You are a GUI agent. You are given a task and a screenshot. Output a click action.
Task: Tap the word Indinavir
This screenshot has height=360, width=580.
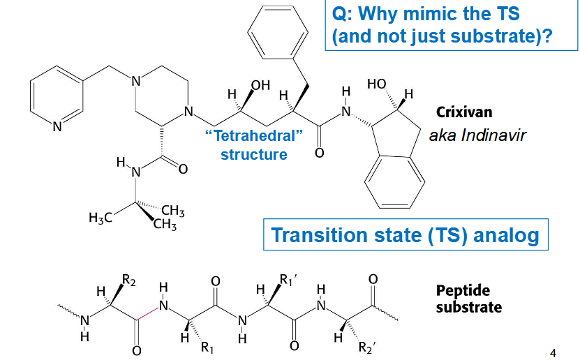point(492,135)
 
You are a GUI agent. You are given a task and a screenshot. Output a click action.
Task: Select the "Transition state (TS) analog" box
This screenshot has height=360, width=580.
point(405,234)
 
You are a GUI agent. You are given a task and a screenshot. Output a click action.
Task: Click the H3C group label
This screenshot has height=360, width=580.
point(102,218)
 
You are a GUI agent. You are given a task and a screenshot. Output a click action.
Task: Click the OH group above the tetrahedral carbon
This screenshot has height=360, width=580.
point(260,86)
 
